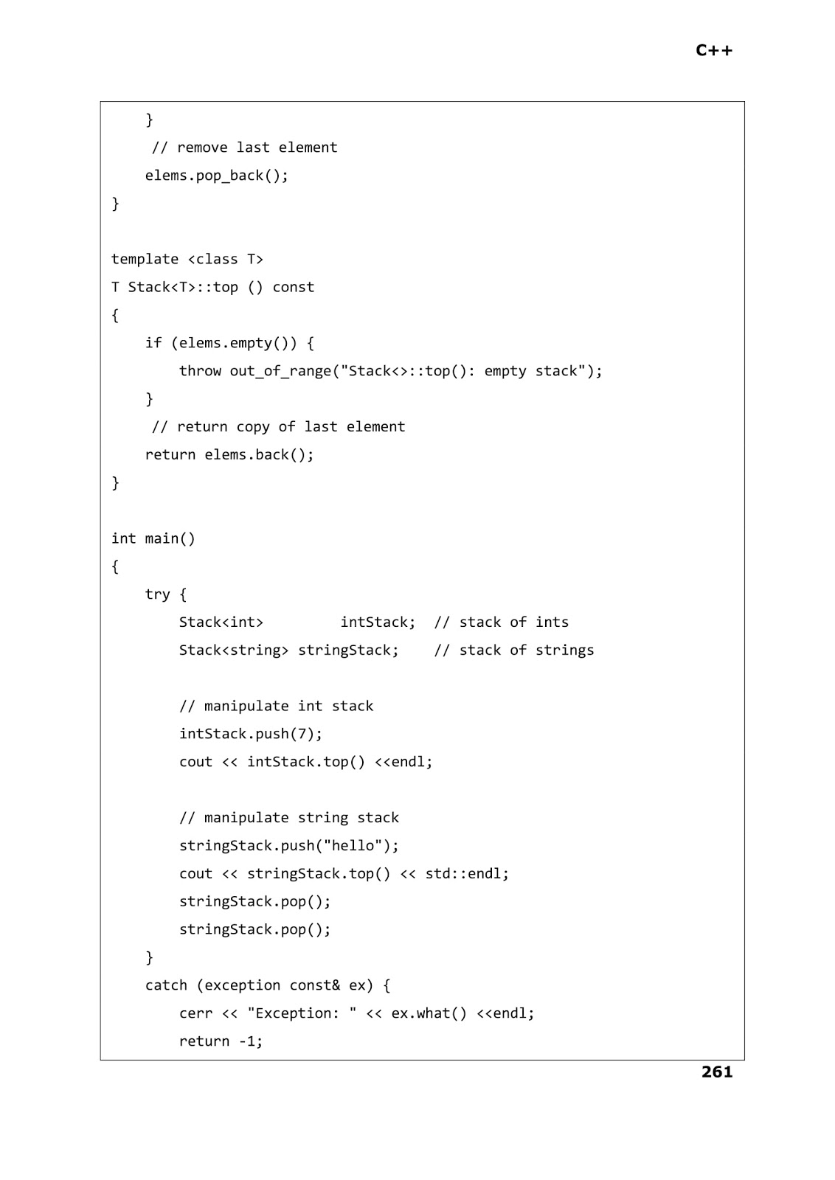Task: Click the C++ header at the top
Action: [714, 50]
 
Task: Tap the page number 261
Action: [717, 1072]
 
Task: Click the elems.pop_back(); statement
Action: [217, 176]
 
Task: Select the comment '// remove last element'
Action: [244, 147]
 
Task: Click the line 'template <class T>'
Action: [187, 259]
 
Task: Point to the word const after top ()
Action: [293, 287]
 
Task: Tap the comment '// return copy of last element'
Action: [278, 427]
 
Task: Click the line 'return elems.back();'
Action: [229, 455]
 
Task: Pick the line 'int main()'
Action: [153, 538]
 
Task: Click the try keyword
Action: [157, 594]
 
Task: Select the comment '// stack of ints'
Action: [502, 622]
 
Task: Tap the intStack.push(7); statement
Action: [251, 734]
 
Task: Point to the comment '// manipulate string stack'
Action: [289, 818]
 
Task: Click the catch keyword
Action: [166, 985]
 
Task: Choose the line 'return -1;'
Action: [221, 1041]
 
